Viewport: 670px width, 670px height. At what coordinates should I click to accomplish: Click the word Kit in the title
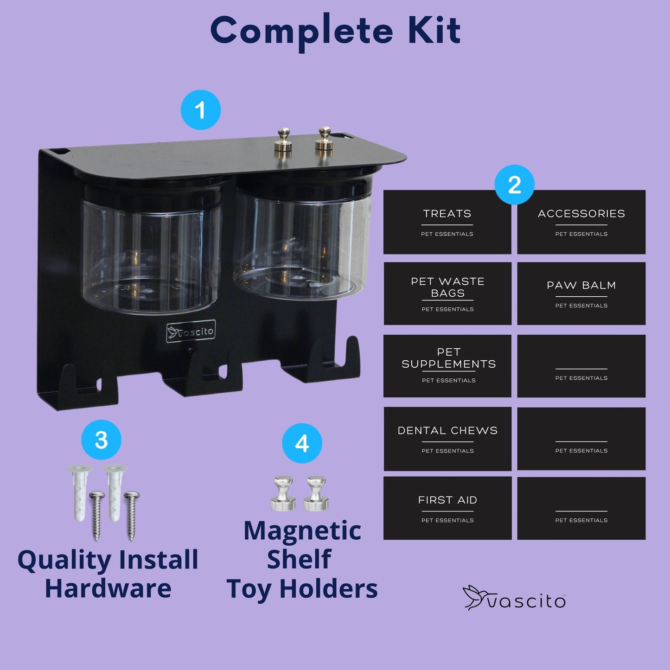(434, 30)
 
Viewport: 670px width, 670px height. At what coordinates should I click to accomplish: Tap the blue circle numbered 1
(201, 110)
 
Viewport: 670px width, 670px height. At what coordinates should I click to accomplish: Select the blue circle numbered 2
(515, 185)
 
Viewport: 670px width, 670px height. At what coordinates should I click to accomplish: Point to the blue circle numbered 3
(101, 440)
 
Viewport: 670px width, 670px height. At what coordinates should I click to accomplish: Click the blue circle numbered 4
(302, 443)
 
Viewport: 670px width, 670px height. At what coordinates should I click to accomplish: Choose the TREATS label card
(447, 222)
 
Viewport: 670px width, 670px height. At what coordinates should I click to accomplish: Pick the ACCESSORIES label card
(581, 222)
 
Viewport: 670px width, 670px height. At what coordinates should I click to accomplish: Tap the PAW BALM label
(581, 294)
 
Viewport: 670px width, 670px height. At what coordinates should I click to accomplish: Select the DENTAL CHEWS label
(447, 439)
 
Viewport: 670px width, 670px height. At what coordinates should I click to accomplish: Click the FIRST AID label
(447, 508)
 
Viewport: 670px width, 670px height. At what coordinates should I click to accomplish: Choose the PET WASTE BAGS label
(447, 294)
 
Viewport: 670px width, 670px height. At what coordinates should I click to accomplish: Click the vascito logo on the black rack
(191, 332)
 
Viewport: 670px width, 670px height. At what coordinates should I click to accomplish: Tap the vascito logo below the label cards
(514, 598)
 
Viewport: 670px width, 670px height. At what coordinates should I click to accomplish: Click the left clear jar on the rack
(151, 247)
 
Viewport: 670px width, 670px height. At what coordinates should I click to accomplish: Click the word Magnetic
(302, 530)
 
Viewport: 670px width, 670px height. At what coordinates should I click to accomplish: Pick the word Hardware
(108, 588)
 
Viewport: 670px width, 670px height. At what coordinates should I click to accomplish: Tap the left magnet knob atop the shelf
(284, 140)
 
